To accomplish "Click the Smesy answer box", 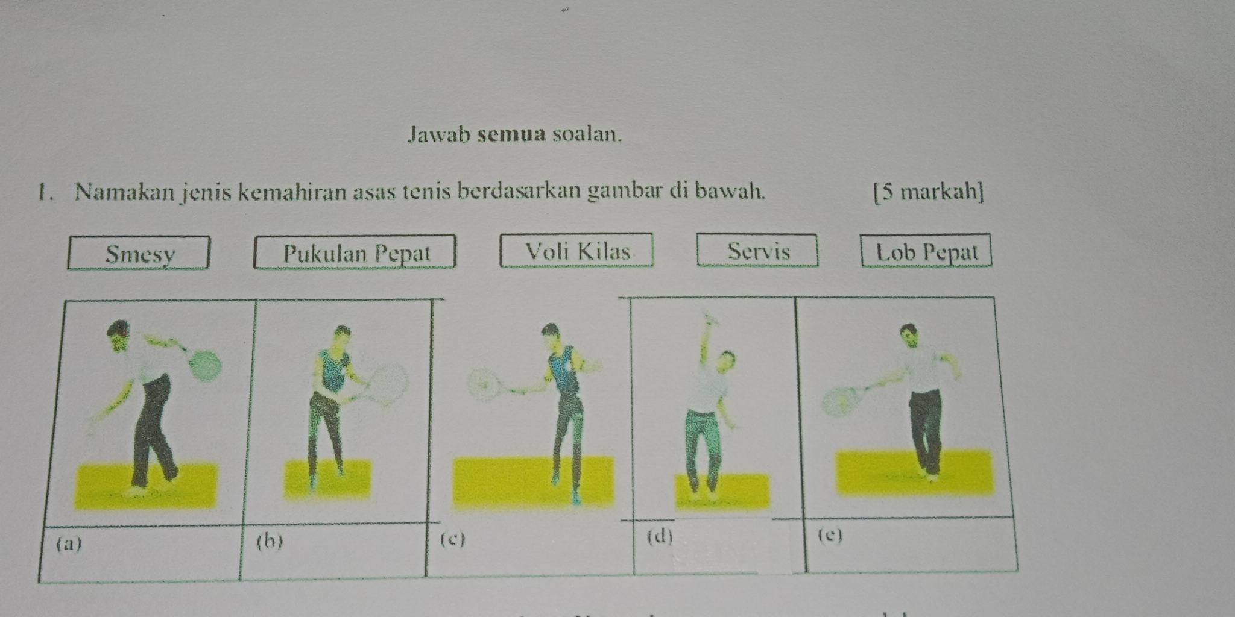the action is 139,252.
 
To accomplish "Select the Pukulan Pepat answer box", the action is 355,251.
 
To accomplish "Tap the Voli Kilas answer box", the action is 576,249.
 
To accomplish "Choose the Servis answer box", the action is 757,249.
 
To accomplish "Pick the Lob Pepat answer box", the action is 926,250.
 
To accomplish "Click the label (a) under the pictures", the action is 68,543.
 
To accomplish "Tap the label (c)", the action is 453,539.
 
